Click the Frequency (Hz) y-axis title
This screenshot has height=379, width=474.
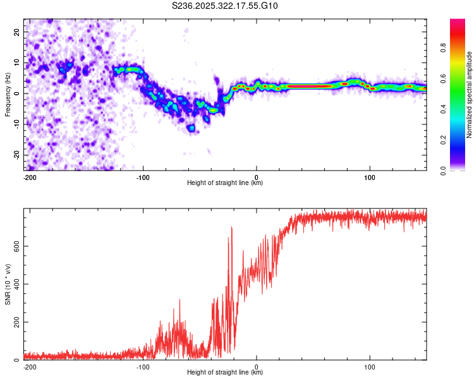[x=8, y=95]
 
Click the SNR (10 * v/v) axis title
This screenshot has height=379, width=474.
[x=8, y=285]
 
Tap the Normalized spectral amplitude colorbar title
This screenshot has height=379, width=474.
[x=470, y=95]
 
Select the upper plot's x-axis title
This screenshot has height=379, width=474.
[x=225, y=183]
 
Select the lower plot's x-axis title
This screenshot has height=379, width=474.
[x=225, y=372]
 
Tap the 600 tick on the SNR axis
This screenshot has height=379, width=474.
[x=15, y=246]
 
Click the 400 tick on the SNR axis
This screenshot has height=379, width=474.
[x=15, y=284]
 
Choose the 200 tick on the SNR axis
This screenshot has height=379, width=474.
[x=15, y=322]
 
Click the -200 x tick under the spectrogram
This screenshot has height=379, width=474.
[x=28, y=176]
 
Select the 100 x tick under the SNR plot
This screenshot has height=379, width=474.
[x=370, y=366]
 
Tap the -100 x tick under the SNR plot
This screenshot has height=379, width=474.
[x=143, y=366]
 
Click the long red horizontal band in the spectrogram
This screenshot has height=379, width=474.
[x=310, y=86]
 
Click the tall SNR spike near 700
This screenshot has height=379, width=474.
[x=232, y=227]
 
